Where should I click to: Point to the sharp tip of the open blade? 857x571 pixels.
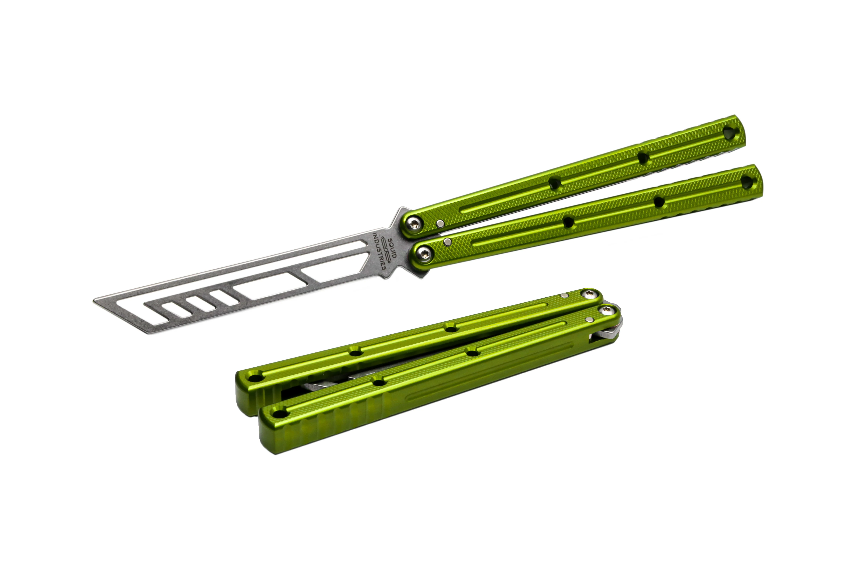[x=94, y=300]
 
